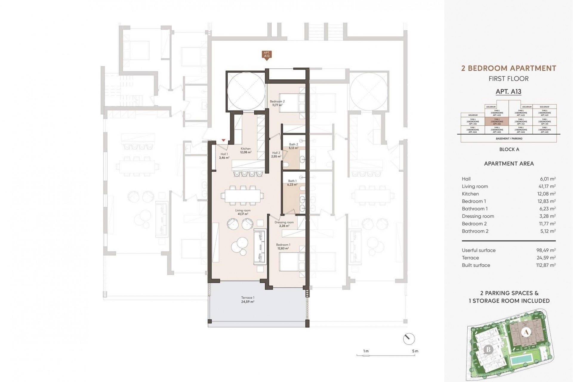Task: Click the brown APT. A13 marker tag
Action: pyautogui.click(x=267, y=55)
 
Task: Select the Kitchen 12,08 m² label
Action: pyautogui.click(x=246, y=150)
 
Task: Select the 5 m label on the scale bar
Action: pyautogui.click(x=415, y=351)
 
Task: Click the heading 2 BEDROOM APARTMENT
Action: pyautogui.click(x=509, y=68)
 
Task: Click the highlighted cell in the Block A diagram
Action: pyautogui.click(x=497, y=121)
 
